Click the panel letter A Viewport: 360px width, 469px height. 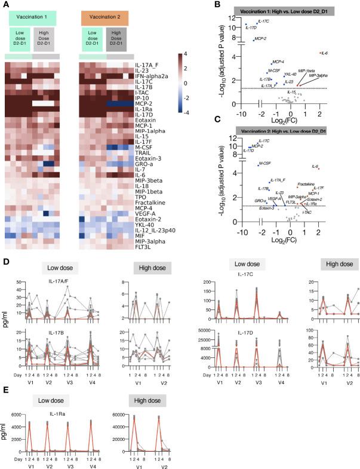click(x=7, y=5)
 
